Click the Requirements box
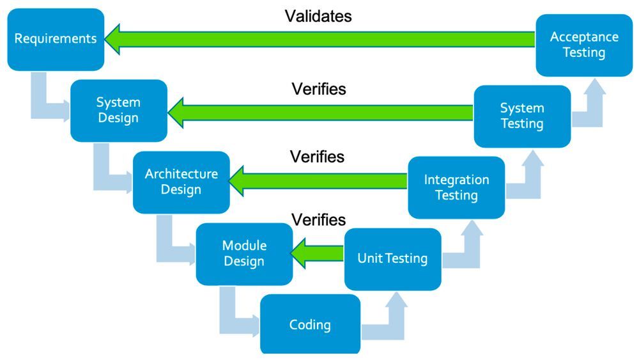click(56, 39)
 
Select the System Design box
click(118, 111)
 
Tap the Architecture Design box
click(181, 182)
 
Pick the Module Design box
click(244, 254)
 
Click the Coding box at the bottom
click(310, 324)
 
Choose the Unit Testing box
click(392, 259)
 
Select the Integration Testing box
click(456, 187)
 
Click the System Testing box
click(522, 116)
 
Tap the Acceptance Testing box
click(584, 45)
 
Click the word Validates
click(318, 17)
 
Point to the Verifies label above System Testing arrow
click(319, 89)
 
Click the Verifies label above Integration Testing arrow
click(317, 157)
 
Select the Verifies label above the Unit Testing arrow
click(319, 220)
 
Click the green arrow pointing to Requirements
click(319, 40)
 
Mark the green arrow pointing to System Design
click(319, 112)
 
